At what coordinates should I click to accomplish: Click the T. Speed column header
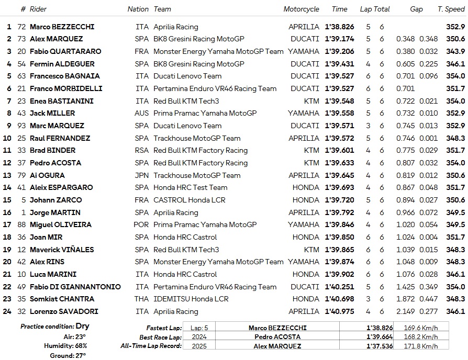[451, 9]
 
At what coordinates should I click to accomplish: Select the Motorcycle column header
[301, 9]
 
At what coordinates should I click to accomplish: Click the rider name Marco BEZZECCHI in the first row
[62, 27]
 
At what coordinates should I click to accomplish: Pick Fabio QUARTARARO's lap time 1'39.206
[340, 51]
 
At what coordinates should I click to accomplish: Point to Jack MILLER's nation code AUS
[141, 113]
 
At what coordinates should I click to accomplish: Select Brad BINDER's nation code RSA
[141, 150]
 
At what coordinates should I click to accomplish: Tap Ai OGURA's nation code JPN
[141, 175]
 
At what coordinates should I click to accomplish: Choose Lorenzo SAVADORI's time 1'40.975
[340, 311]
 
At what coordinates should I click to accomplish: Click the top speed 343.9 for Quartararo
[455, 51]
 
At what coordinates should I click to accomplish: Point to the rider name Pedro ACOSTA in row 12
[55, 163]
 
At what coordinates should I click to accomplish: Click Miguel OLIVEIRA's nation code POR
[141, 224]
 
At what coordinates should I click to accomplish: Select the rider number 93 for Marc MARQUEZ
[21, 126]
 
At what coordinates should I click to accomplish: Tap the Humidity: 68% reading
[66, 346]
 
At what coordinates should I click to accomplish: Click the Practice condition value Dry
[82, 327]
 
